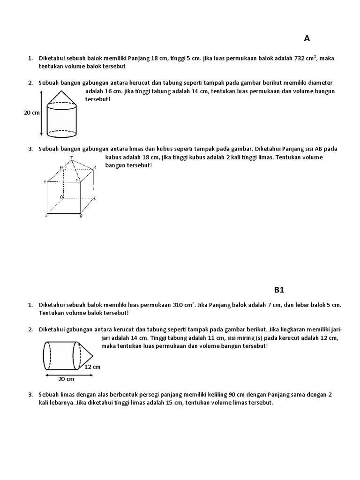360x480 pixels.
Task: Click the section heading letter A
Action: (x=307, y=38)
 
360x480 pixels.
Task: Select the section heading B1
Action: (x=279, y=290)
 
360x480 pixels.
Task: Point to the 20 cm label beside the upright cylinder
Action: (x=32, y=112)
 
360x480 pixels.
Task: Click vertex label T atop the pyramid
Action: (x=71, y=157)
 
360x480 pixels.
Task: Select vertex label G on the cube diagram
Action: (x=95, y=168)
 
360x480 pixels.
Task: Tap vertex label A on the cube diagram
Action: (x=46, y=216)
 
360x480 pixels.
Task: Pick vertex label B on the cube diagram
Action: (x=81, y=216)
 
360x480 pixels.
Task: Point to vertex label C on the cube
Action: (x=95, y=198)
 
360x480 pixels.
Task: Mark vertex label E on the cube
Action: (x=45, y=181)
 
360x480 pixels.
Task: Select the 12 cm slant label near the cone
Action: (x=92, y=367)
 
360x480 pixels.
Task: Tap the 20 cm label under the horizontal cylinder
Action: (x=67, y=379)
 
